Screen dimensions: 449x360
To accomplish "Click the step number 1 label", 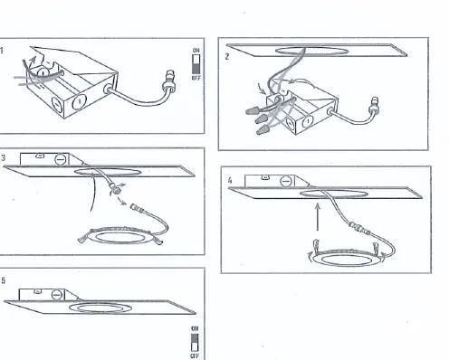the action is tap(2, 51).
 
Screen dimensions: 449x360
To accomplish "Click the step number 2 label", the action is tap(227, 56).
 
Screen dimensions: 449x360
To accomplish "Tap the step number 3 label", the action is tap(3, 157).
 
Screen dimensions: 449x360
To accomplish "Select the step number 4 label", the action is tap(230, 180).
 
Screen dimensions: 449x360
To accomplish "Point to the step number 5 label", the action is tap(3, 280).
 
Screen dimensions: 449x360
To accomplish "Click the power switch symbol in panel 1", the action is tap(196, 64).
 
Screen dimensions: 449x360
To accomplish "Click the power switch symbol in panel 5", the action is tap(195, 342).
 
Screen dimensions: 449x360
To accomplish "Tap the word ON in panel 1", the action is tap(196, 51).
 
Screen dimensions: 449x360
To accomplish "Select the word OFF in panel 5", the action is tap(195, 356).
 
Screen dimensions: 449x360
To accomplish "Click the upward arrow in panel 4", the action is tap(318, 217).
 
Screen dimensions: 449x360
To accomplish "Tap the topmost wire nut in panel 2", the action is tap(253, 111).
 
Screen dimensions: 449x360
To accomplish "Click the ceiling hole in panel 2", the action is tap(311, 51).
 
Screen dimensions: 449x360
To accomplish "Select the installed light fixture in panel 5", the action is tap(100, 308).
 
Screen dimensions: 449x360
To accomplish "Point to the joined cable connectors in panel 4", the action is tap(359, 228).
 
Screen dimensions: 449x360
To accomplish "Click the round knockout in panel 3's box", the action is tap(61, 159).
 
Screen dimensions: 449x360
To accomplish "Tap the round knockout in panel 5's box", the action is tap(57, 295).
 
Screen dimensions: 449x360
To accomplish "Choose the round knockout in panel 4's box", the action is tap(285, 182).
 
